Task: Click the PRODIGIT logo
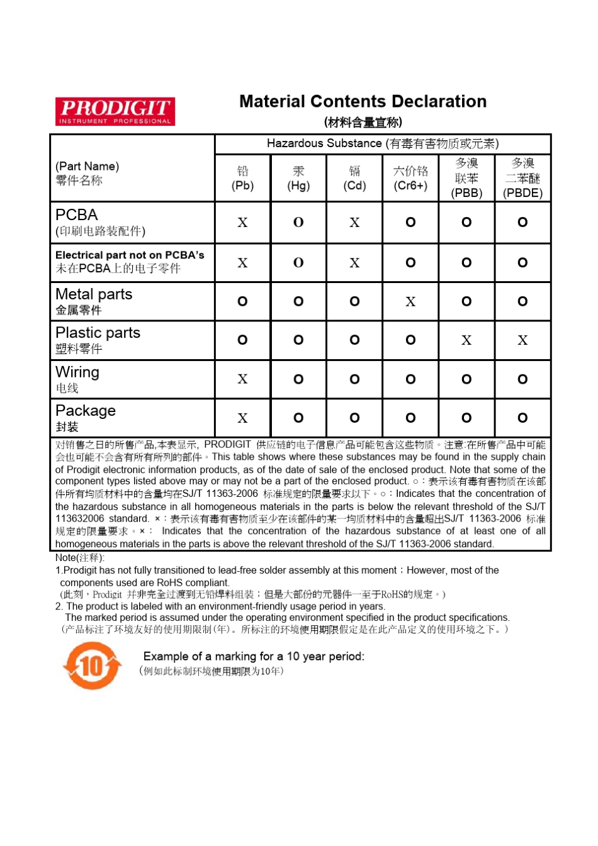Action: point(115,111)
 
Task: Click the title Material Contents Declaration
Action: point(363,102)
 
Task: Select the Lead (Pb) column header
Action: point(242,178)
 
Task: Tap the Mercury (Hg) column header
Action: point(298,178)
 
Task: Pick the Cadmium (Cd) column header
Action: point(354,178)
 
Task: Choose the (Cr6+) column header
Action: point(410,178)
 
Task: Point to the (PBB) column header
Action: point(466,178)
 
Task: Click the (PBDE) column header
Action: point(522,178)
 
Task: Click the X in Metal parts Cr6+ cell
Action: point(410,302)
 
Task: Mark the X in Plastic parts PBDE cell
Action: point(522,340)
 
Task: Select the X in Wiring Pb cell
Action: point(242,379)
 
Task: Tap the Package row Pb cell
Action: point(242,418)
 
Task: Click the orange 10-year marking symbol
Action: point(92,665)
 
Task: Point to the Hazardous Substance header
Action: point(383,144)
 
